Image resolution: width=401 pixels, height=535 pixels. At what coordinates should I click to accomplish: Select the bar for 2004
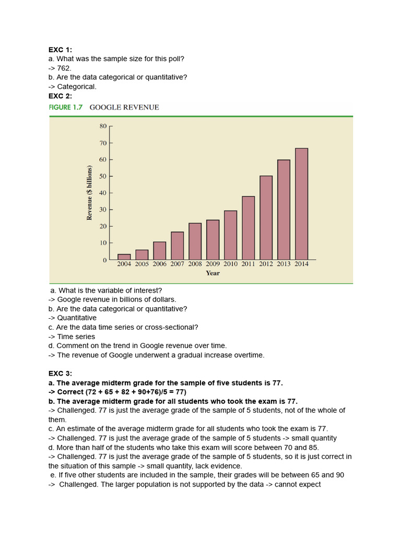[x=124, y=257]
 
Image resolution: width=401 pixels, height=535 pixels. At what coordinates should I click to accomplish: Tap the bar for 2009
[x=213, y=240]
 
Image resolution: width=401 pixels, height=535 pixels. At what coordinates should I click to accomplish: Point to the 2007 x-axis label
[x=178, y=264]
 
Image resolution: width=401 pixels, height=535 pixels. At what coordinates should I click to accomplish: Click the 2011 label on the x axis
[x=248, y=264]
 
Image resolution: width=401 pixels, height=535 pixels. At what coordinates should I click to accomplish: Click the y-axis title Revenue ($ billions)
[x=89, y=193]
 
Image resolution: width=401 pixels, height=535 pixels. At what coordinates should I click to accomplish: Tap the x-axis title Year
[x=213, y=273]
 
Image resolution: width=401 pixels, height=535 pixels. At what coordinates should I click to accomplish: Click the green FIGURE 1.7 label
[x=65, y=107]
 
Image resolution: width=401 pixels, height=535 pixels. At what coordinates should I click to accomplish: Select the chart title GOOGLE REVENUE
[x=124, y=107]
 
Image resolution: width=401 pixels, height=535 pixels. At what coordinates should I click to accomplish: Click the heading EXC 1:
[x=60, y=50]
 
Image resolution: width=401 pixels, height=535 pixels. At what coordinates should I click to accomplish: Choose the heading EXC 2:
[x=60, y=96]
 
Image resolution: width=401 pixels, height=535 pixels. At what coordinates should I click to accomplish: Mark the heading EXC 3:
[x=60, y=374]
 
